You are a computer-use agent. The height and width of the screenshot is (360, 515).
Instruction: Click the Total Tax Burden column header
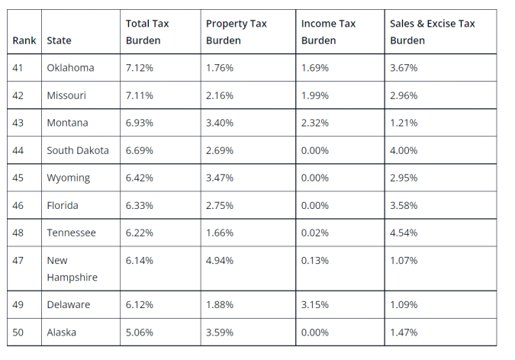point(148,32)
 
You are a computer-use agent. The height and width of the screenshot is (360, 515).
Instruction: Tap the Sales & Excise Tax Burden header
point(432,32)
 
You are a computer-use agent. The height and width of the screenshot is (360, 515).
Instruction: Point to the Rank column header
point(24,40)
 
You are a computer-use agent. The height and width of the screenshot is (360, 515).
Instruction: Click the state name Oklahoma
point(70,68)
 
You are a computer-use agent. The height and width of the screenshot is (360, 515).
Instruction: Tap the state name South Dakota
point(78,150)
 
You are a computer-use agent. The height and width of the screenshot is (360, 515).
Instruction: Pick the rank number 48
point(18,233)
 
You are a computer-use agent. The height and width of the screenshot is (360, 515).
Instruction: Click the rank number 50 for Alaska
point(18,333)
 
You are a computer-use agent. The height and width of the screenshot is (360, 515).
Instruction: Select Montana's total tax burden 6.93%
point(140,123)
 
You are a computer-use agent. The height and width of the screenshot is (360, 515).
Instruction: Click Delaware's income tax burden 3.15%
point(315,304)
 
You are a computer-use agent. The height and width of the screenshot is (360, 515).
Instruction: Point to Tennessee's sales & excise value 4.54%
point(404,233)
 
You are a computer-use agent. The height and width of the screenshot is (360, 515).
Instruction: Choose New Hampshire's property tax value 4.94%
point(220,260)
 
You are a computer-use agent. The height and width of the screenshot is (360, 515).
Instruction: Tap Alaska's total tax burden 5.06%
point(140,333)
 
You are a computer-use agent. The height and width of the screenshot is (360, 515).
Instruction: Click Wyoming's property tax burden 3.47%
point(220,178)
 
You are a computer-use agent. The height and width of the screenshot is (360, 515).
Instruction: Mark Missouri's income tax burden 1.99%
point(315,95)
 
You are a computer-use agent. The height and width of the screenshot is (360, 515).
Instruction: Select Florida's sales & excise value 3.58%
point(404,205)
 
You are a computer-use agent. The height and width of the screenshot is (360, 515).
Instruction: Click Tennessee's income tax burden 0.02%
point(315,233)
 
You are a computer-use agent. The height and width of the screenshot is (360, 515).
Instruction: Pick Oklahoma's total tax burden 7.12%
point(140,68)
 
